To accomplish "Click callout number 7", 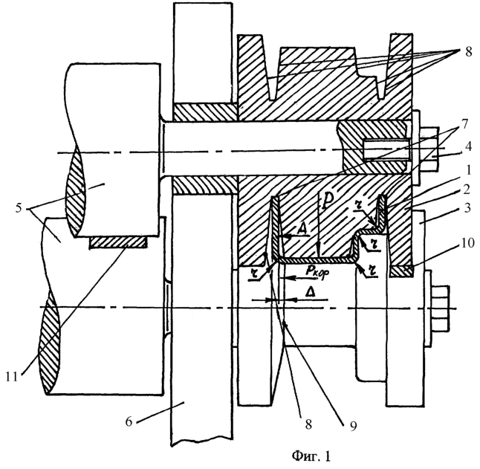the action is point(464,124).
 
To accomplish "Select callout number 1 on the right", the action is point(467,170).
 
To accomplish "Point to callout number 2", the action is point(467,190).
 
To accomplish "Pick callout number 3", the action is point(467,208).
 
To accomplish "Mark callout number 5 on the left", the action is point(19,208).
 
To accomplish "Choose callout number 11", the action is point(12,377).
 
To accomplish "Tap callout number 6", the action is point(129,421).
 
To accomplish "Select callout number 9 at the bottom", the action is point(353,426).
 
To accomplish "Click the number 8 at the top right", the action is point(469,52).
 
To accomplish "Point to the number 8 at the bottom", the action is point(308,424).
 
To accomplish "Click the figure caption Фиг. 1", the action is point(311,456).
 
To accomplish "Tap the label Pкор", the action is point(317,271).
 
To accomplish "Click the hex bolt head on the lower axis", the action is point(441,308).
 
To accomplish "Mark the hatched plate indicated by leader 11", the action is point(117,242).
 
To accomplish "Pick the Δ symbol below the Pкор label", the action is point(311,292).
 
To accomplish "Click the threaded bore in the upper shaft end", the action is point(386,149).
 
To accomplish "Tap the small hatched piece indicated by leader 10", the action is point(401,271).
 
